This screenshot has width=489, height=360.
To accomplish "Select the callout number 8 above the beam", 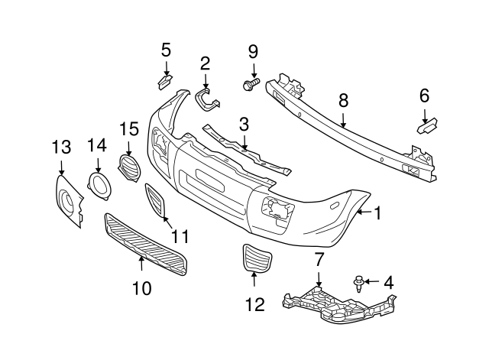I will click(x=343, y=99).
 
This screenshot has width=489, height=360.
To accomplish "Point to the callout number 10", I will click(x=141, y=288).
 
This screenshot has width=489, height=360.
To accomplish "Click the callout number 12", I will click(x=254, y=305).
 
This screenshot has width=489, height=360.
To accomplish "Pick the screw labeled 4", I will click(x=358, y=284).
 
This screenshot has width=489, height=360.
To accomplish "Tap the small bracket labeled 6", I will click(x=427, y=120).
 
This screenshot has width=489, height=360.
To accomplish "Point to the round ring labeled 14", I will click(x=98, y=186).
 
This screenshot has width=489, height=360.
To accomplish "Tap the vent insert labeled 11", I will click(x=156, y=202).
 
